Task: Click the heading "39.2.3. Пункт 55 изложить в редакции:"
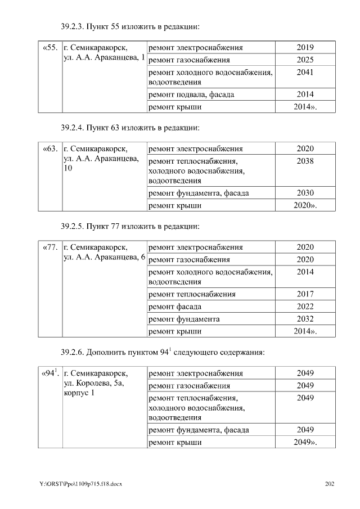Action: pos(130,26)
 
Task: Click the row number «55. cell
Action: pos(50,48)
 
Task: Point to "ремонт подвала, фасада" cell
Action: pos(191,94)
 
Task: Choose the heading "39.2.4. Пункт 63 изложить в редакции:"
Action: pos(130,128)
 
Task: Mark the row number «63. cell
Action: pos(50,149)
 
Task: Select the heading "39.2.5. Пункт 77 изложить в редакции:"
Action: pos(130,227)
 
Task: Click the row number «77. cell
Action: pos(50,247)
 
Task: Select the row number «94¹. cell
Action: pos(50,373)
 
